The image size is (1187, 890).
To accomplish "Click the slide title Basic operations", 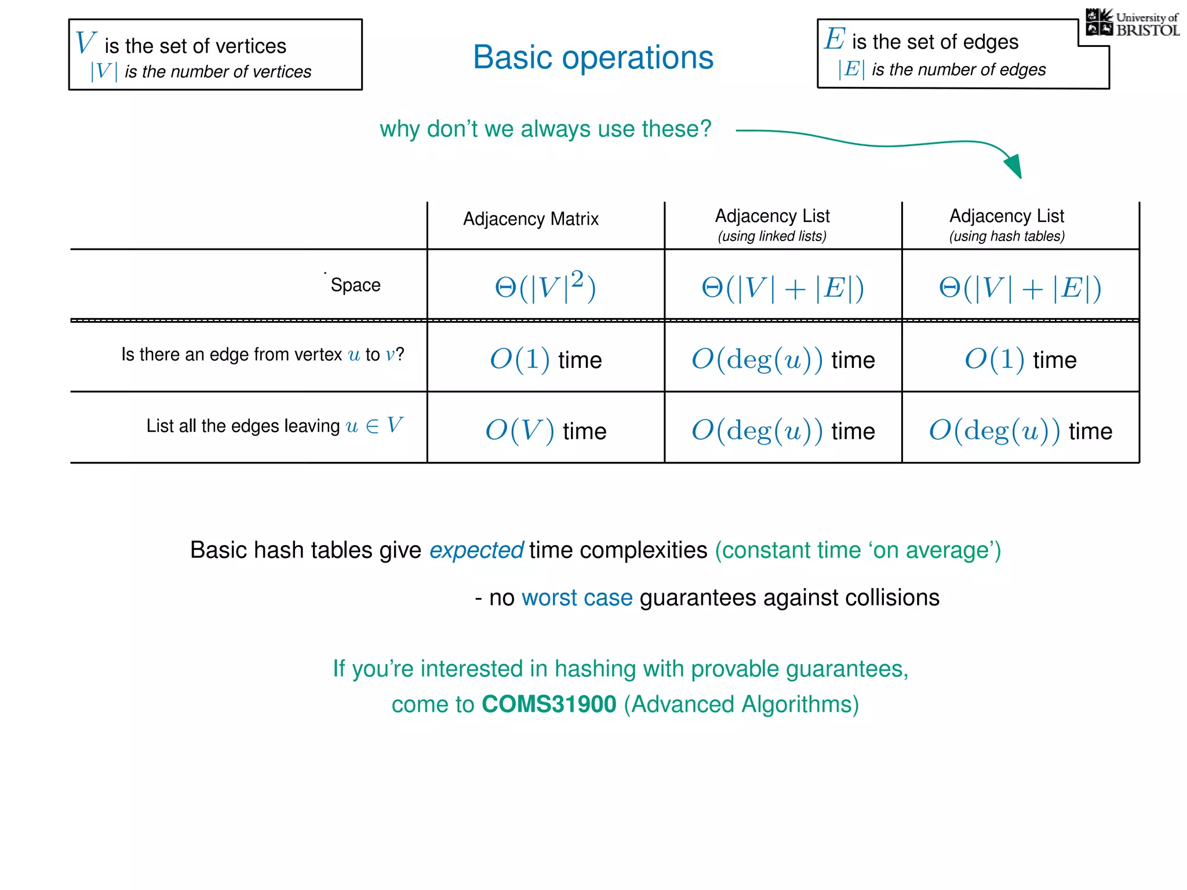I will (x=593, y=57).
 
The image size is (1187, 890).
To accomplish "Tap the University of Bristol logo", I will (x=1133, y=23).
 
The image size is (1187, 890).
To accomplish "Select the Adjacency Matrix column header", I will (x=530, y=219).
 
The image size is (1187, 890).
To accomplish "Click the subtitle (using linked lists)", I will (x=772, y=236).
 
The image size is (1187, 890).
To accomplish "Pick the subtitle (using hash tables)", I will (x=1007, y=236).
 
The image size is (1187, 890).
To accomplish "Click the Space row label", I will (x=355, y=285).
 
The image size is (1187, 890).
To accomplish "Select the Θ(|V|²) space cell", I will (x=545, y=286).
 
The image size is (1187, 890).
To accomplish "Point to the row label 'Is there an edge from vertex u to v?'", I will (x=262, y=354).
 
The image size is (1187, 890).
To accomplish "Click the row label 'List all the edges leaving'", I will (x=243, y=426).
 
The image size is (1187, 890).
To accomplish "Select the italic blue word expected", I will (x=476, y=550).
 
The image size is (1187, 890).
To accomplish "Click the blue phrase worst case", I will (x=577, y=598).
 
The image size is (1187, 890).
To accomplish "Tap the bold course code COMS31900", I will (x=549, y=705).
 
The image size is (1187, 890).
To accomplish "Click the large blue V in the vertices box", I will (x=85, y=43).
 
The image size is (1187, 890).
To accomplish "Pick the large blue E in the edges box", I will (x=835, y=39).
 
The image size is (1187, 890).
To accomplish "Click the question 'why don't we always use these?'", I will (x=545, y=129).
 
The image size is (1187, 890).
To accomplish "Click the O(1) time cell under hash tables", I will (x=1020, y=360).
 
